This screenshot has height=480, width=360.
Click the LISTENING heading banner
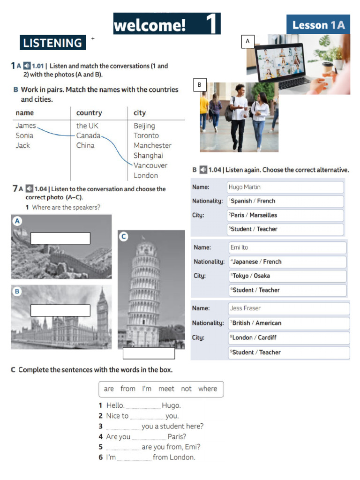click(52, 43)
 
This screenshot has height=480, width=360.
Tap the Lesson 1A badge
click(318, 25)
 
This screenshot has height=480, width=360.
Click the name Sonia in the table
click(24, 135)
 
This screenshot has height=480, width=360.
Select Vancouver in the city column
click(150, 165)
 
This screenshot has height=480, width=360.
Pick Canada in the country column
click(88, 135)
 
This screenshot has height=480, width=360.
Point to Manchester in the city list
click(152, 145)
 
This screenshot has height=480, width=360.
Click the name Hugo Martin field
click(285, 187)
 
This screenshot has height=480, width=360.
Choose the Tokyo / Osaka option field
click(286, 276)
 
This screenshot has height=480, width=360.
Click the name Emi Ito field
click(287, 247)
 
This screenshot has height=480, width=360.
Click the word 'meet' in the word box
click(166, 389)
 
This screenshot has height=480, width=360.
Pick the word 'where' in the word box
click(207, 389)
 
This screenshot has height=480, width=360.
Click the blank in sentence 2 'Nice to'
click(147, 416)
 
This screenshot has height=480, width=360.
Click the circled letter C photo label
click(124, 237)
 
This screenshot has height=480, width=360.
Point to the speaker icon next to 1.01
click(27, 66)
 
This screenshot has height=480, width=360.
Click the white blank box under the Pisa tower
click(149, 353)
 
